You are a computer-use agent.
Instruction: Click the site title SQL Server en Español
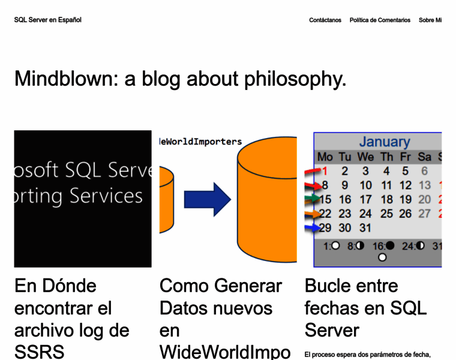tap(47, 20)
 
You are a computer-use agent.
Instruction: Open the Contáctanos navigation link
tap(325, 20)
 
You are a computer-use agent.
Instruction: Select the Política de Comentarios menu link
tap(380, 20)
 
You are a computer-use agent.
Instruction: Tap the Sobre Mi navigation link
tap(430, 20)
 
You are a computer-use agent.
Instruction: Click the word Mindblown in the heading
tap(66, 79)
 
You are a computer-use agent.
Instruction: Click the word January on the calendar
tap(384, 142)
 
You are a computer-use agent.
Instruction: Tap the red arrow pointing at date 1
tap(313, 172)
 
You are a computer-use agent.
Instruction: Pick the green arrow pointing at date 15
tap(313, 199)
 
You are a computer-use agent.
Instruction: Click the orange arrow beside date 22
tap(313, 214)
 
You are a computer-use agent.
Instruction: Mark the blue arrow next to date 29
tap(313, 228)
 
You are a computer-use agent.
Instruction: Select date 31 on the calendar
tap(365, 228)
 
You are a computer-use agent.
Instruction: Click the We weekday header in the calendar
tap(365, 157)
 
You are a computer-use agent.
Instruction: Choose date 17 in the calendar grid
tap(365, 200)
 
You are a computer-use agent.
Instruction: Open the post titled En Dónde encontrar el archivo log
tap(71, 318)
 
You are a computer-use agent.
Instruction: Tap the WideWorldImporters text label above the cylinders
tap(200, 142)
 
